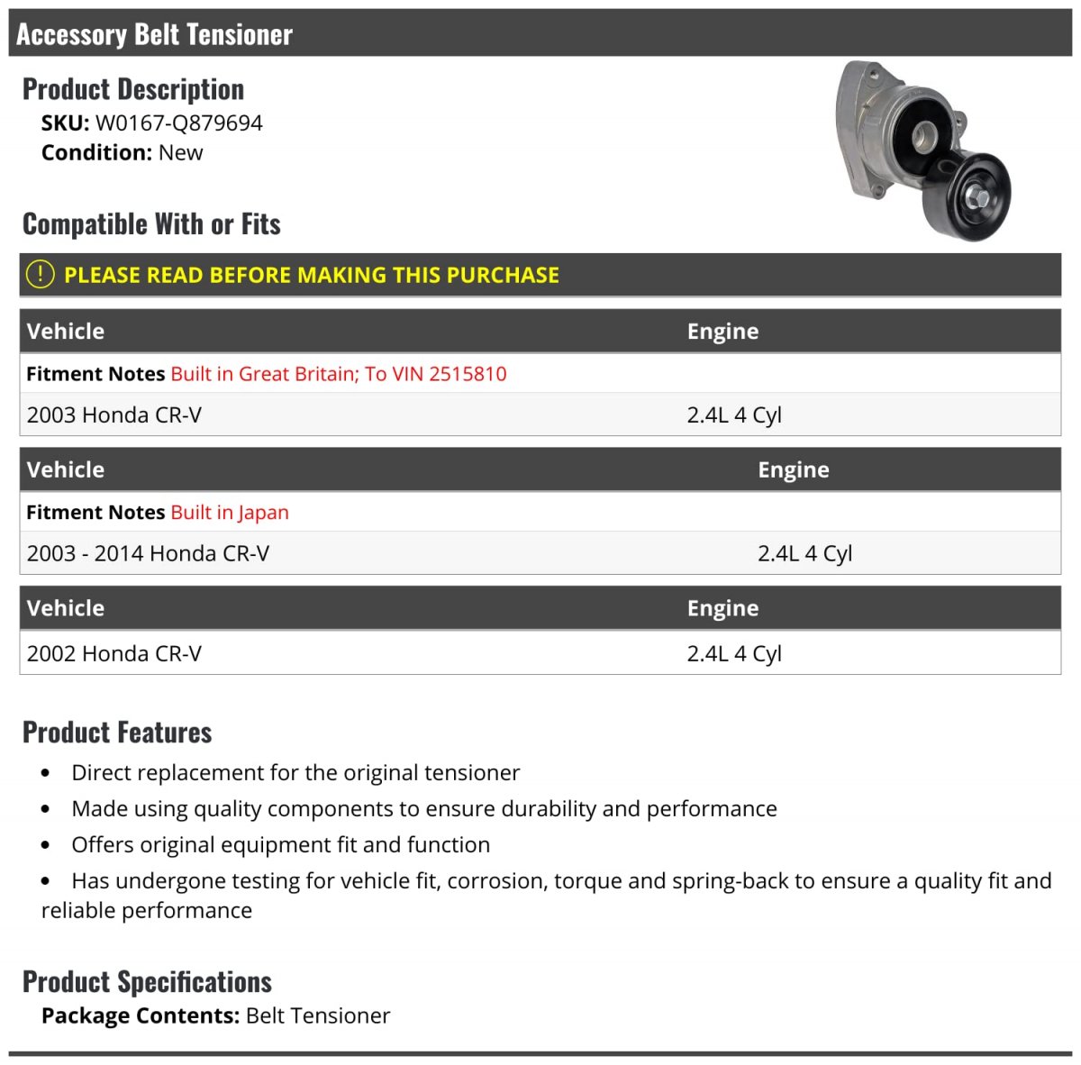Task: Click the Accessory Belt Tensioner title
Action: coord(154,34)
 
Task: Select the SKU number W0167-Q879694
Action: coord(178,123)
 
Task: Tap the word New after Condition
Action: coord(180,153)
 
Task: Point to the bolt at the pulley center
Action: coord(977,197)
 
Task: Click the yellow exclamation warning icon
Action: coord(40,274)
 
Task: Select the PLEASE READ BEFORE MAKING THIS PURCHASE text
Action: coord(311,275)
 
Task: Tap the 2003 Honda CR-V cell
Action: coord(114,415)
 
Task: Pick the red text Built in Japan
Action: coord(230,513)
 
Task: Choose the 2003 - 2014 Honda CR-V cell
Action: coord(148,554)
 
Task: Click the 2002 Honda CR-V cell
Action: coord(114,654)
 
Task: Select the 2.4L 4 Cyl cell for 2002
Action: coord(733,654)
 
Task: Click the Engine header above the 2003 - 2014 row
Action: coord(793,470)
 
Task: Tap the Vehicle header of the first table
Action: coord(66,332)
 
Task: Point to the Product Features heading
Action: coord(117,733)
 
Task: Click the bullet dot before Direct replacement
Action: coord(46,773)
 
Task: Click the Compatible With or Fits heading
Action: coord(151,224)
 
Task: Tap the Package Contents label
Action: coord(140,1016)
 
